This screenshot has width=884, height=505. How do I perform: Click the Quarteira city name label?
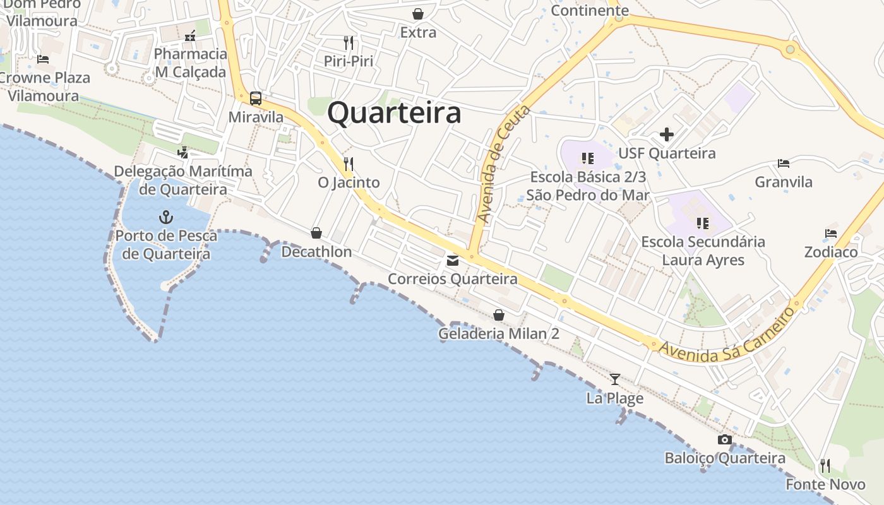click(394, 114)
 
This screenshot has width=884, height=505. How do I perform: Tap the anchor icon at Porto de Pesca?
click(165, 218)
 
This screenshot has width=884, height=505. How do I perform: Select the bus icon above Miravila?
click(255, 98)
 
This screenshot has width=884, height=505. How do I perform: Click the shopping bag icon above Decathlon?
click(316, 234)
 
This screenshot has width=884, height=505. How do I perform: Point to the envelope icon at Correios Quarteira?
click(453, 260)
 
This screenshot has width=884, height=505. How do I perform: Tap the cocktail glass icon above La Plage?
click(614, 379)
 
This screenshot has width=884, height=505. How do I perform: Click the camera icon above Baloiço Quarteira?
click(725, 440)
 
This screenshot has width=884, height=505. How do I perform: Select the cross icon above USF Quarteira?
click(666, 134)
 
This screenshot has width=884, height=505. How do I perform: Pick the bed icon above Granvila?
click(784, 163)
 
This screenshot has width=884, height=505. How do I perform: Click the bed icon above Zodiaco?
click(831, 234)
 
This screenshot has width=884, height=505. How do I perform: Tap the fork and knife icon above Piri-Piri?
click(349, 43)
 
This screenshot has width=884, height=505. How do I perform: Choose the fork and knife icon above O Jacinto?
click(349, 163)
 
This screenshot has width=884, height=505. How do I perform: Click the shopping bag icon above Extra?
click(418, 14)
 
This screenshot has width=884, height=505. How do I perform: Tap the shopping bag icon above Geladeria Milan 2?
click(499, 315)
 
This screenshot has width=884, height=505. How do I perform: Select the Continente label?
click(590, 11)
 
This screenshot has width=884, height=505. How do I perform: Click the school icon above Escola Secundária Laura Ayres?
click(703, 223)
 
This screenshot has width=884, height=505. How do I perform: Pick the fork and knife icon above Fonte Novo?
click(825, 466)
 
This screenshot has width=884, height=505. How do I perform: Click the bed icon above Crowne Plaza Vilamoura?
click(43, 59)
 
